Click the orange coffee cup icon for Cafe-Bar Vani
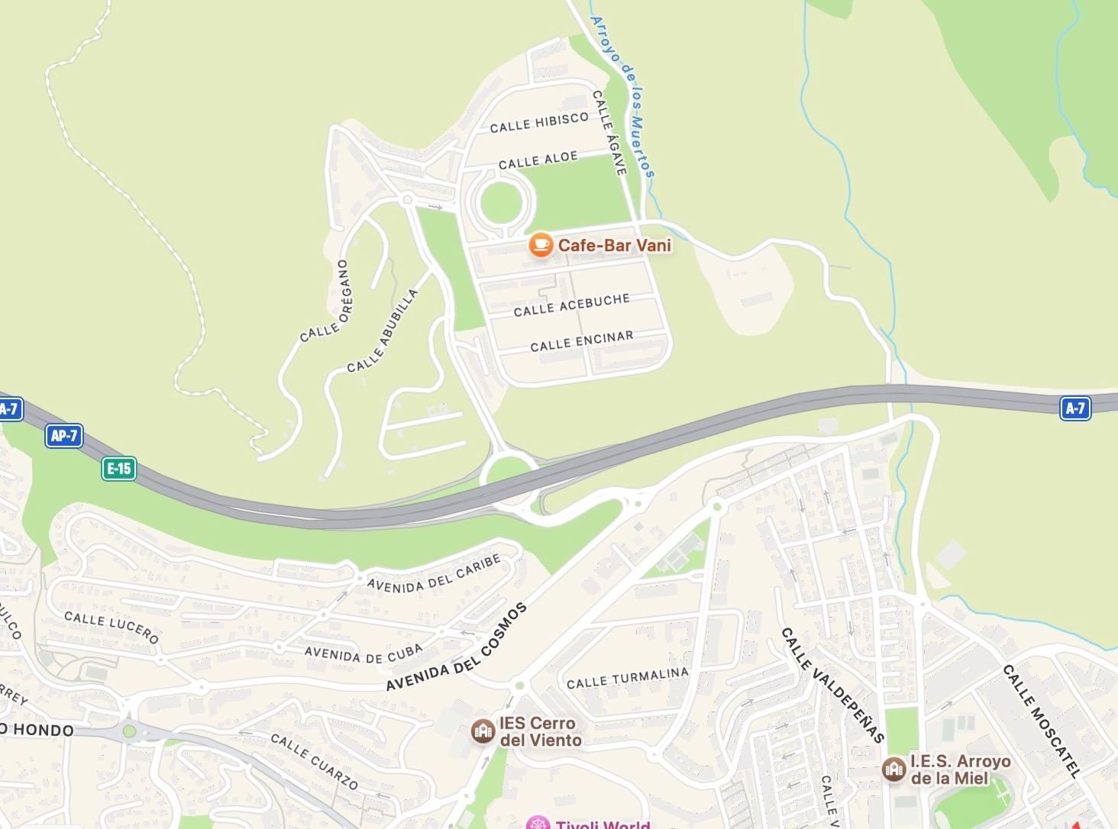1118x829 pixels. pos(541,245)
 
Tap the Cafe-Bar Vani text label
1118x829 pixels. pos(614,245)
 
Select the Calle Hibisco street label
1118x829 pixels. pos(539,122)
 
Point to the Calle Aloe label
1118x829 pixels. pos(538,160)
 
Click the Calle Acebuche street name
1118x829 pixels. pos(571,305)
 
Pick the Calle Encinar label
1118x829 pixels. pos(581,340)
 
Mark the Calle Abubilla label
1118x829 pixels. pos(383,331)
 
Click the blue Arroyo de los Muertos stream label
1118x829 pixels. pos(623,98)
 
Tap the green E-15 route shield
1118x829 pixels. pos(119,468)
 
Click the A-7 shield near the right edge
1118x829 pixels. pos(1075,408)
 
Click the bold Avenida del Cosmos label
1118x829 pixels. pos(456,648)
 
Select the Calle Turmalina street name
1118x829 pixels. pos(627,678)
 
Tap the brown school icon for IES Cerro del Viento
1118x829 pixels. pos(482,731)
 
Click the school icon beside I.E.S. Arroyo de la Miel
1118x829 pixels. pos(893,769)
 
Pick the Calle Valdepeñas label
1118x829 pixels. pos(832,685)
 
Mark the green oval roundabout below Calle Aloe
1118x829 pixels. pos(501,201)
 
